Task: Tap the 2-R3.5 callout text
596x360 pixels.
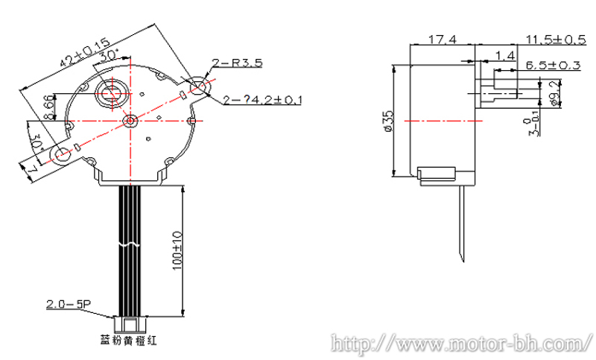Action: [237, 63]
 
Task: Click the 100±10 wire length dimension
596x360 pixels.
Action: [177, 253]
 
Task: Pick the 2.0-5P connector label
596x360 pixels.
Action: [68, 304]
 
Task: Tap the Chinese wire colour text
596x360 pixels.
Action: [131, 341]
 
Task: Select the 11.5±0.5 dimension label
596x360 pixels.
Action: [554, 39]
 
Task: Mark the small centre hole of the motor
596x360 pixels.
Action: [130, 120]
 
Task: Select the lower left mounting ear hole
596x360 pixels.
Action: [60, 155]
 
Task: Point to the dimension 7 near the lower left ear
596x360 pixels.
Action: [32, 171]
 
